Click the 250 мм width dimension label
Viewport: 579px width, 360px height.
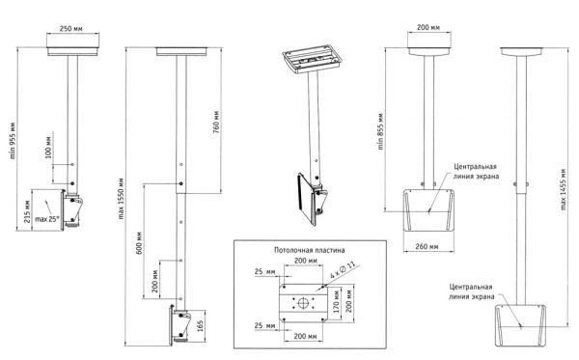[70, 28]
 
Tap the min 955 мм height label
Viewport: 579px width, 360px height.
[13, 141]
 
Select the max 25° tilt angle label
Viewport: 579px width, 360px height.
[47, 219]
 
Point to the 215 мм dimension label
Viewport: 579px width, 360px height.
[27, 211]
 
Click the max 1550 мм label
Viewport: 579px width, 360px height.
[122, 199]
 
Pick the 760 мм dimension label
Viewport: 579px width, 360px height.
[216, 122]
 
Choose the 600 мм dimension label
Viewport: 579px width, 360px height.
[139, 242]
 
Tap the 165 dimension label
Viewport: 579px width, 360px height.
[200, 326]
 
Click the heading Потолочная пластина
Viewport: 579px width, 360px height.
[310, 250]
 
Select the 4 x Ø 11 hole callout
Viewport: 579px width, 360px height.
[343, 270]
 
